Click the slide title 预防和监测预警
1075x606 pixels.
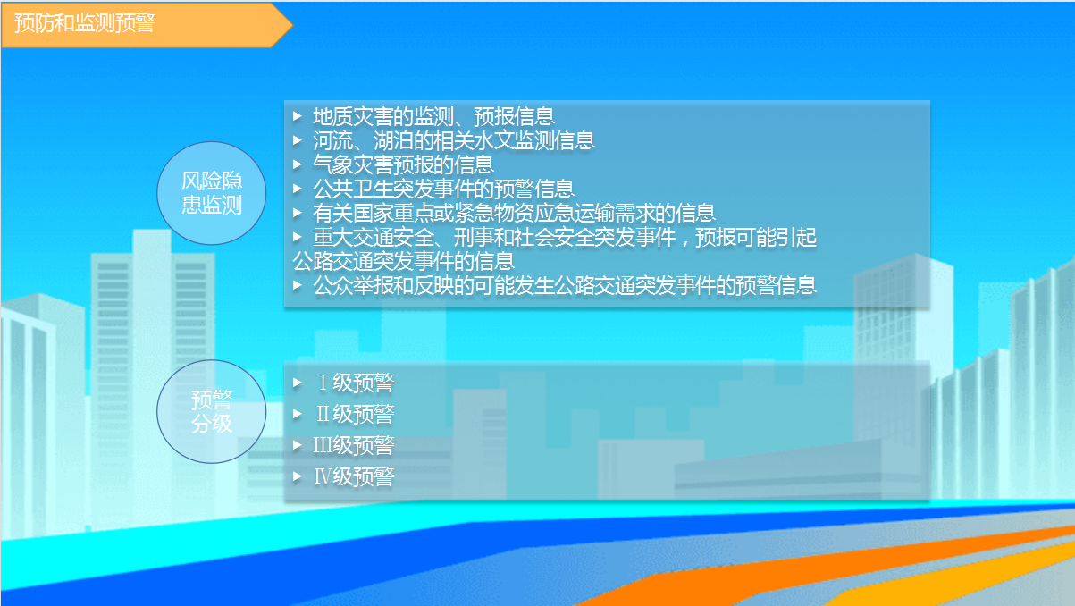85,22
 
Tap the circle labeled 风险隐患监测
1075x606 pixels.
212,193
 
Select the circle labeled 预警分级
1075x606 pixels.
212,411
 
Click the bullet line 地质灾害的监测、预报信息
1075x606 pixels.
433,117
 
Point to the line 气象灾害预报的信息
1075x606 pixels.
403,164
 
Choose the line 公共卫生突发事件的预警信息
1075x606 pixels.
443,189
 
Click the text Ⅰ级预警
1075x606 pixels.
356,383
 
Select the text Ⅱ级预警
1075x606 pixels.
355,414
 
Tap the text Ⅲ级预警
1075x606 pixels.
354,445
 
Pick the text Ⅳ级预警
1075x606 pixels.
354,476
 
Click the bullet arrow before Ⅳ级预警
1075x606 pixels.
298,476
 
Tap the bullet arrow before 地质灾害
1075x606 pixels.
298,116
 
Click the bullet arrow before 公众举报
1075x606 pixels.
298,285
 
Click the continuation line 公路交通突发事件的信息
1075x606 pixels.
403,261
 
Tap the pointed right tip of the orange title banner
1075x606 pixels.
292,24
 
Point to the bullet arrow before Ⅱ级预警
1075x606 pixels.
298,414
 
